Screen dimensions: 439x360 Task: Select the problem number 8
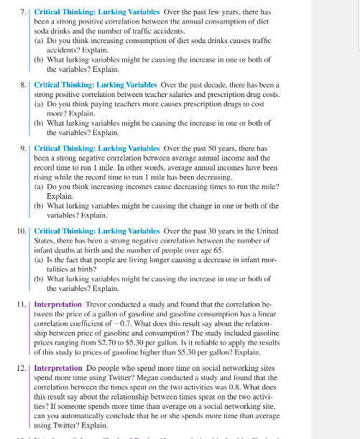(x=24, y=84)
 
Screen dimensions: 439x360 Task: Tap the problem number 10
(x=22, y=231)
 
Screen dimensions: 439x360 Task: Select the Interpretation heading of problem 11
(x=58, y=305)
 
